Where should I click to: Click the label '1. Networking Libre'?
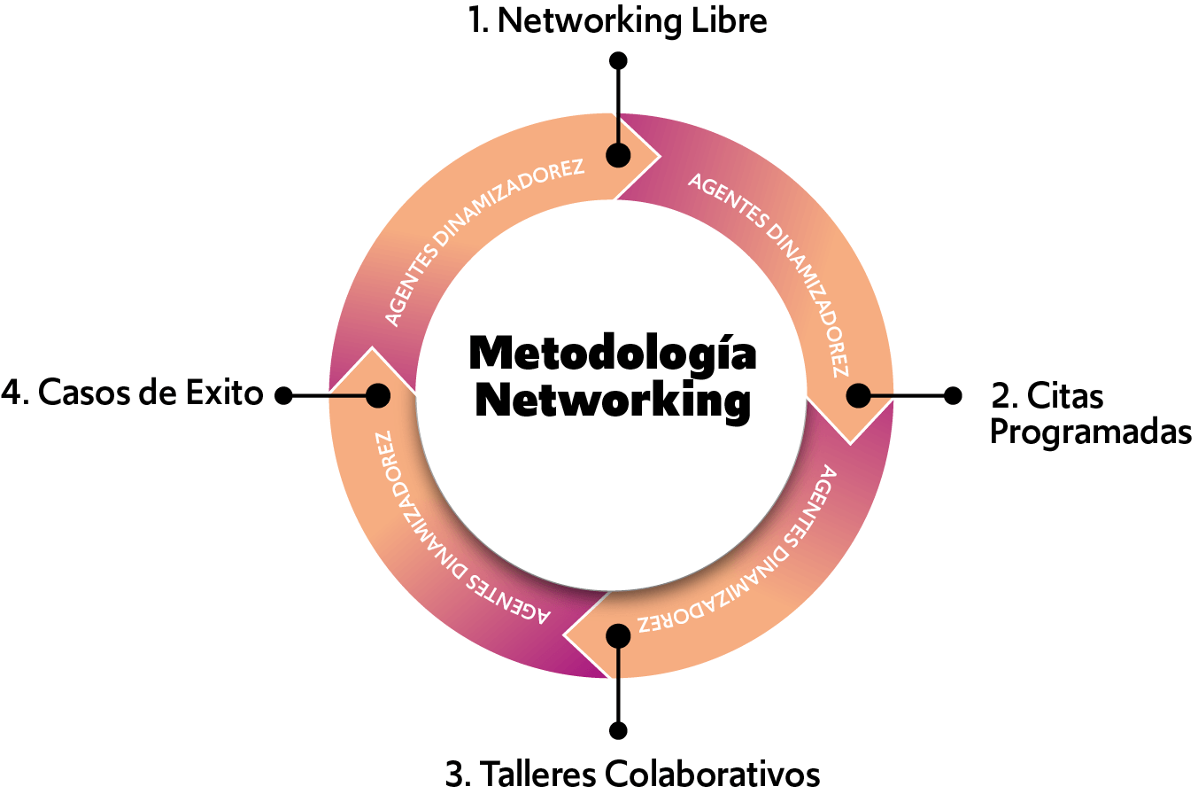tap(618, 21)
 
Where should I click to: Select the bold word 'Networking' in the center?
tap(613, 402)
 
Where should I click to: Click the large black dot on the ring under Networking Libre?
tap(618, 155)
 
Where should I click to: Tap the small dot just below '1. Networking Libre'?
tap(618, 60)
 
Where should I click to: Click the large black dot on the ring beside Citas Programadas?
tap(858, 395)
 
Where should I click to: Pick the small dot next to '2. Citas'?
tap(953, 395)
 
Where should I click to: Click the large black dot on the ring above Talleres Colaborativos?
tap(618, 635)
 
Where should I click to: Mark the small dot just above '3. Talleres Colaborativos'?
tap(618, 730)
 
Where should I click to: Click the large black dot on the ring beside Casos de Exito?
tap(378, 395)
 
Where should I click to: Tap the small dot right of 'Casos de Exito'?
tap(283, 395)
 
